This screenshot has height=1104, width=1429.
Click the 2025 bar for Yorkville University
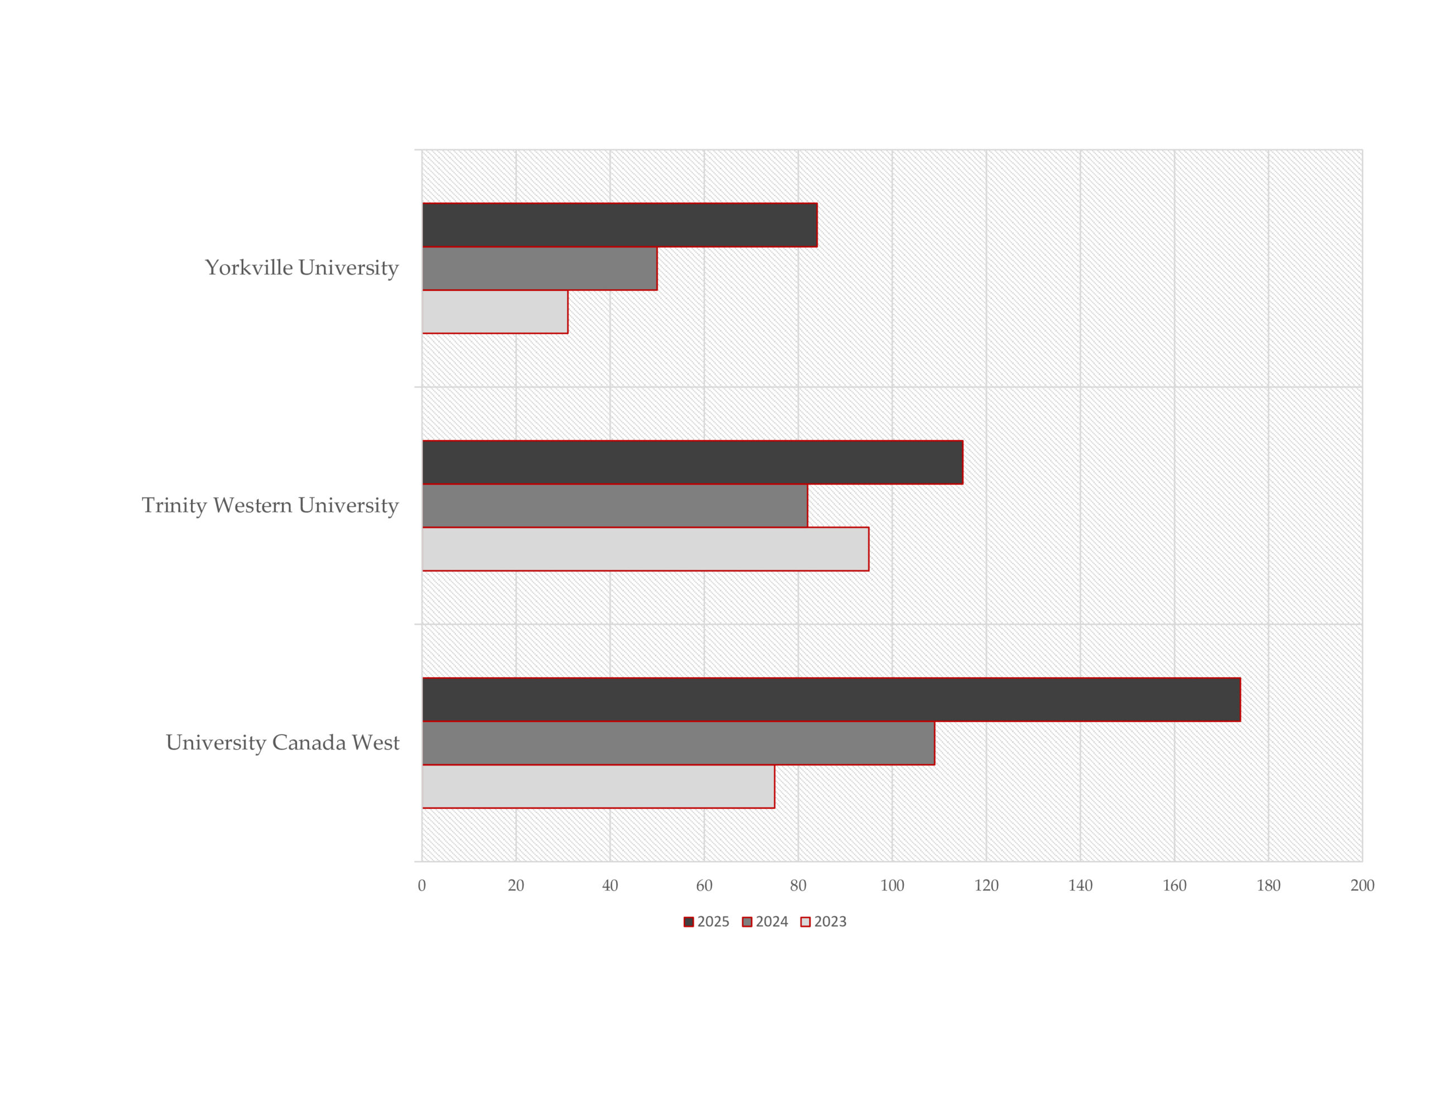click(x=620, y=224)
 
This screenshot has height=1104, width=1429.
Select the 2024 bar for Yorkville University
click(x=539, y=268)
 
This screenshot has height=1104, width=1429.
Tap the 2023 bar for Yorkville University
click(x=495, y=311)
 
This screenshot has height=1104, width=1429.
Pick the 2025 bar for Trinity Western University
click(x=692, y=462)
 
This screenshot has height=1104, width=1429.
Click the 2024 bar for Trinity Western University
click(x=615, y=505)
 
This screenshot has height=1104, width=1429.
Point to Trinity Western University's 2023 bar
click(x=645, y=549)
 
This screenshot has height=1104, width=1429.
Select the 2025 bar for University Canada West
click(x=831, y=699)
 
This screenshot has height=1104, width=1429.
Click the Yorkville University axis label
click(x=301, y=268)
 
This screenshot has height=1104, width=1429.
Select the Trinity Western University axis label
click(x=270, y=505)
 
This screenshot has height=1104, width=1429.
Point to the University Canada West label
click(x=282, y=742)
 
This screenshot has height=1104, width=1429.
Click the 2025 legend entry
click(x=706, y=921)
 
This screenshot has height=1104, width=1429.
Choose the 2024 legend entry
click(x=765, y=921)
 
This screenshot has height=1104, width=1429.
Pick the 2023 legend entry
click(x=823, y=921)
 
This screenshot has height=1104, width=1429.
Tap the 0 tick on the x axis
click(x=422, y=885)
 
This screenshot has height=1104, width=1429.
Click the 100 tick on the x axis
click(x=892, y=885)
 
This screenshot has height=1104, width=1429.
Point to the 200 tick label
click(x=1362, y=885)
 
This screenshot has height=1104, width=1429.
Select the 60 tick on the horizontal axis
click(x=704, y=885)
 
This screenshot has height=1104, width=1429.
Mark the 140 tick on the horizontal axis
click(x=1080, y=885)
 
